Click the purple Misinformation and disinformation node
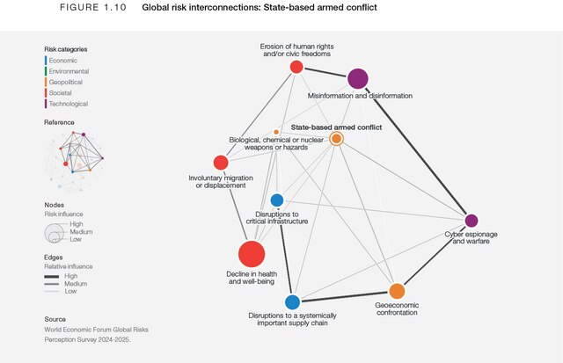(x=357, y=79)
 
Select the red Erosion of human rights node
(x=296, y=67)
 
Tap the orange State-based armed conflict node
(x=336, y=138)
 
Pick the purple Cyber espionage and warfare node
(x=471, y=220)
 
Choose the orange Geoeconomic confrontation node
(x=397, y=291)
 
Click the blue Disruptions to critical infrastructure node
(x=277, y=200)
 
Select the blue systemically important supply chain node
(x=292, y=302)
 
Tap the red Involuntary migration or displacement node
(x=220, y=163)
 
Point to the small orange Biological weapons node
(x=276, y=132)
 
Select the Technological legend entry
(x=69, y=104)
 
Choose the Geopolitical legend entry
(x=67, y=82)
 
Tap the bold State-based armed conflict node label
(x=336, y=127)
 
